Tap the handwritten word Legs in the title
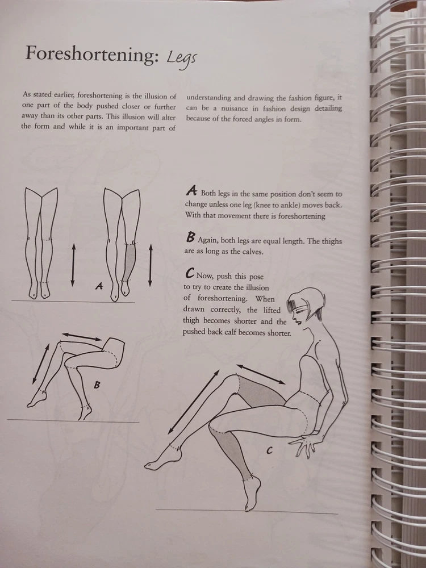tap(182, 57)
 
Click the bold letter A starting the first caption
tap(191, 190)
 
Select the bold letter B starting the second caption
tap(190, 237)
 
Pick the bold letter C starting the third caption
tap(190, 273)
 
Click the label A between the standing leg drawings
tap(99, 286)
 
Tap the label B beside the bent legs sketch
tap(97, 385)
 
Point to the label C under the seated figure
tap(269, 450)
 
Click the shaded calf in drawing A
tap(130, 261)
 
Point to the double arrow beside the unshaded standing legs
tap(73, 265)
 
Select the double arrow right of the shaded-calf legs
tap(151, 265)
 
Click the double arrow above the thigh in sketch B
tap(82, 336)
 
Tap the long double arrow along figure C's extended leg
tap(194, 402)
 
